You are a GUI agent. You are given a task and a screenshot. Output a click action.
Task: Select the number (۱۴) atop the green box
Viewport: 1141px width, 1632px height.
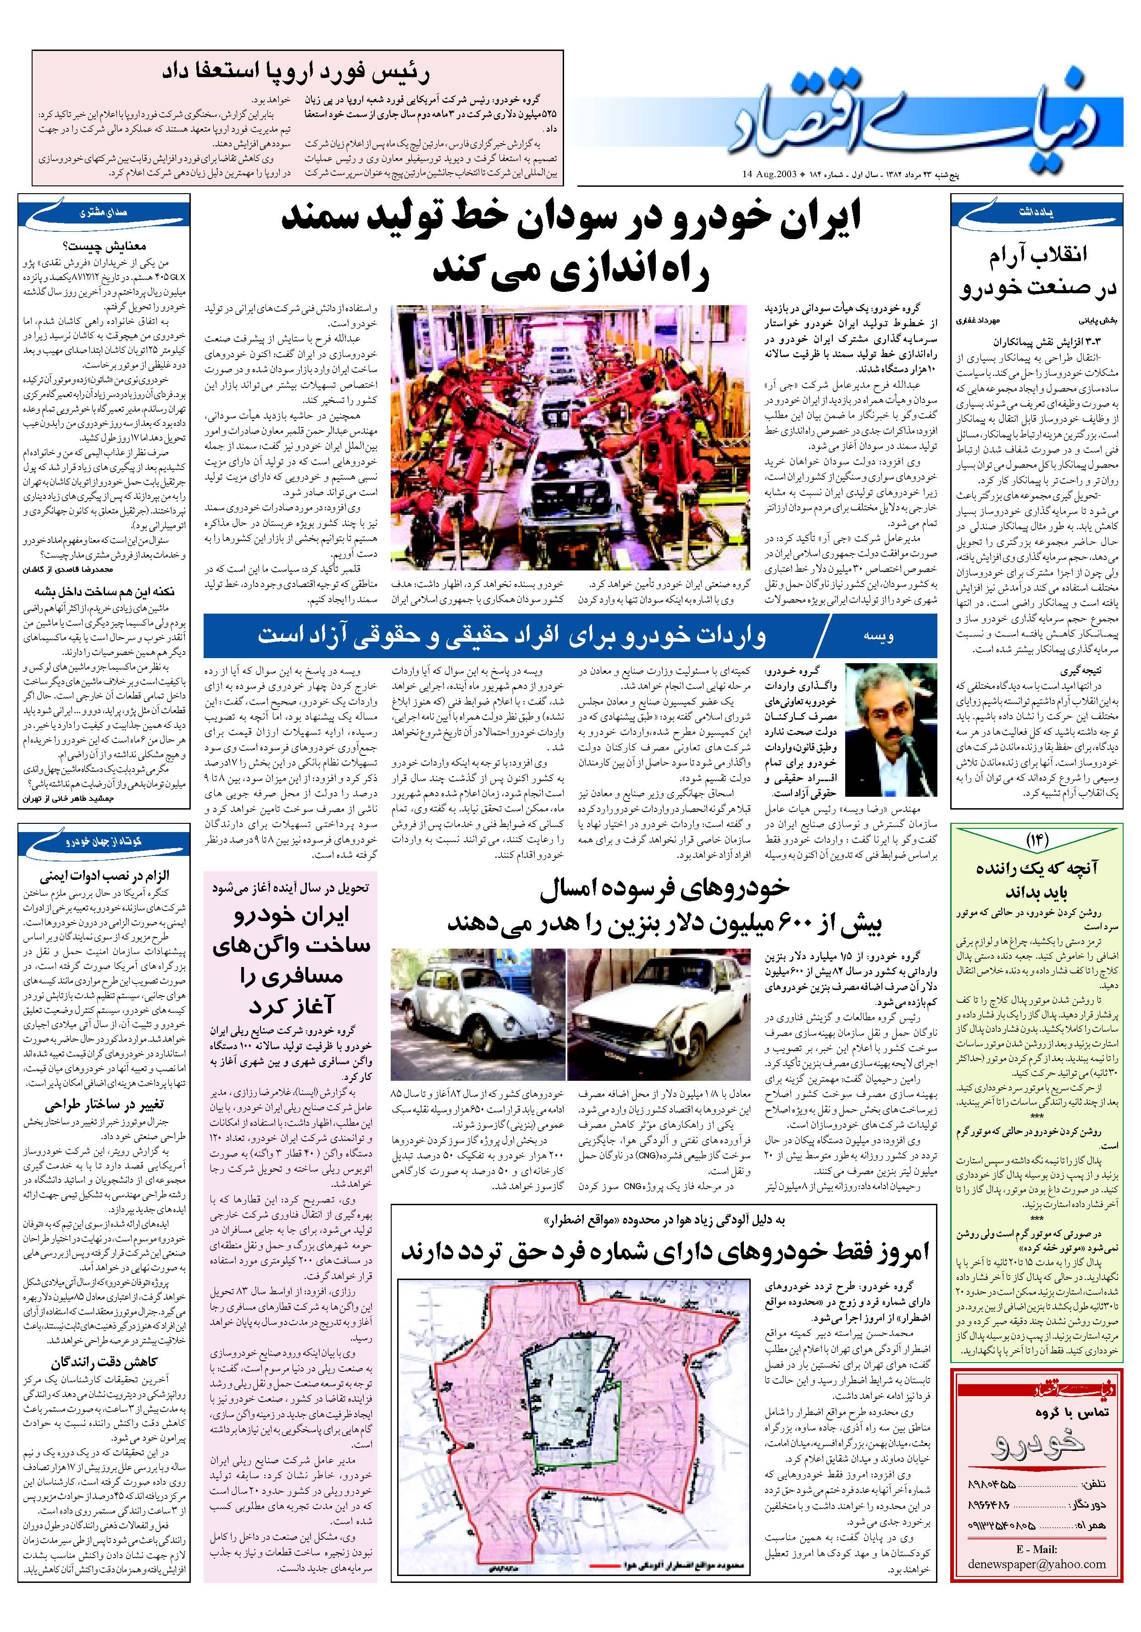pyautogui.click(x=1036, y=841)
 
